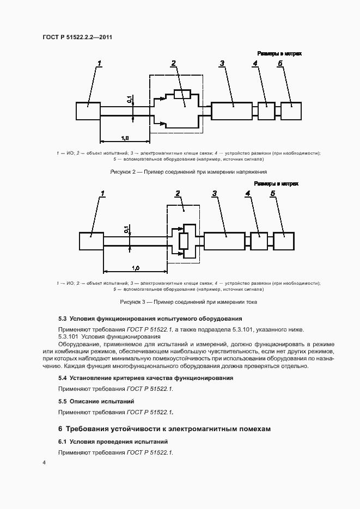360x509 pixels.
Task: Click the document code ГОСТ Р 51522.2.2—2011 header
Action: pos(78,36)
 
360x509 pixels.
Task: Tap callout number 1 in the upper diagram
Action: pos(100,64)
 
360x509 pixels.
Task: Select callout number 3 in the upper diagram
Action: pos(222,64)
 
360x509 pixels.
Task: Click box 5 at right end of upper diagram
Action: pos(290,111)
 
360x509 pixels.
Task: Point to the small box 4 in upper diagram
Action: pos(266,111)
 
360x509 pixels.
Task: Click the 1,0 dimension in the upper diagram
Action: pos(125,138)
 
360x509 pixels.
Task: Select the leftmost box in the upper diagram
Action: pos(88,111)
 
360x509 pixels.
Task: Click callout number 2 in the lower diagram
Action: pos(178,194)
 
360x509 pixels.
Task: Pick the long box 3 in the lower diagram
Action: pos(224,241)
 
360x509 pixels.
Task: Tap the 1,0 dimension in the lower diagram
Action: pos(135,268)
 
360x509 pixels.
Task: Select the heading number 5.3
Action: pos(62,318)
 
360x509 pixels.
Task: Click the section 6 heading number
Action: pos(60,429)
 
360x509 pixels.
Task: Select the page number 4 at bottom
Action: pos(44,462)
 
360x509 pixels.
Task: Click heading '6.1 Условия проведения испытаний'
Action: pos(113,441)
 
